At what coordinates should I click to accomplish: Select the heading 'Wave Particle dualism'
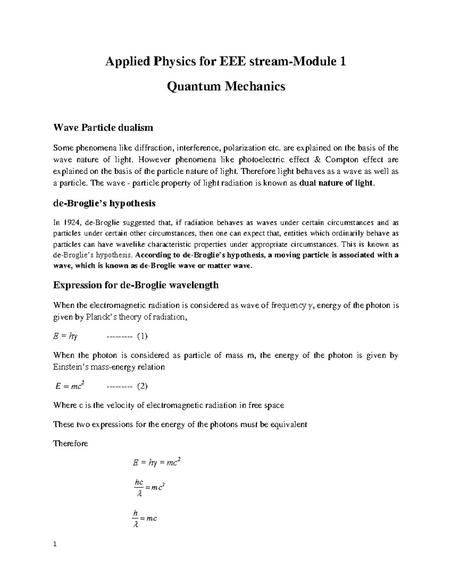(x=103, y=128)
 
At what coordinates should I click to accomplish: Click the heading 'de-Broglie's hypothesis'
(x=104, y=203)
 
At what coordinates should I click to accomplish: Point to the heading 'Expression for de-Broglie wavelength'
(x=136, y=285)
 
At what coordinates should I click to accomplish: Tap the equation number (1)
(x=142, y=336)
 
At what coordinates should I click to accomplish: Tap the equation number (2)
(x=142, y=386)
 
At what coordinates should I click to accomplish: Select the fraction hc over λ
(x=139, y=488)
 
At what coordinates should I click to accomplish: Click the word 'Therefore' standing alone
(x=71, y=443)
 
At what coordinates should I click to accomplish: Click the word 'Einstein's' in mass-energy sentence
(x=71, y=367)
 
